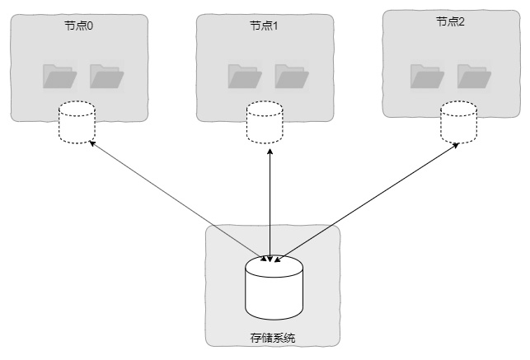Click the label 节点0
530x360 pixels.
(x=78, y=26)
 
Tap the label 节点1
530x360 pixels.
(x=264, y=26)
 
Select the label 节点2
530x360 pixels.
(x=450, y=21)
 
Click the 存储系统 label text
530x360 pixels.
(x=273, y=338)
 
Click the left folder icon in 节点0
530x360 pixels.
(x=60, y=77)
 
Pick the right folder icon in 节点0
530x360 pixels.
(x=107, y=77)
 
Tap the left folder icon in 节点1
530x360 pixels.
(x=245, y=77)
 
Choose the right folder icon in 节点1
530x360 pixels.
(x=292, y=77)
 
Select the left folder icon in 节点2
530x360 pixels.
(x=427, y=77)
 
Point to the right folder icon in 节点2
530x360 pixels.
(x=474, y=77)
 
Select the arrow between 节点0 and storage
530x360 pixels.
(x=178, y=201)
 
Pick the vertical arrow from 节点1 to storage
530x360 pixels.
(x=270, y=205)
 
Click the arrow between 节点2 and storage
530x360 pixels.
(x=367, y=203)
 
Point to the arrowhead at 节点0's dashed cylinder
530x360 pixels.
(x=92, y=143)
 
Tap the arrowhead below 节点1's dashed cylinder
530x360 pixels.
(x=270, y=151)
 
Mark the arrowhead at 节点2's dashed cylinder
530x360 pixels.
(x=456, y=145)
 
